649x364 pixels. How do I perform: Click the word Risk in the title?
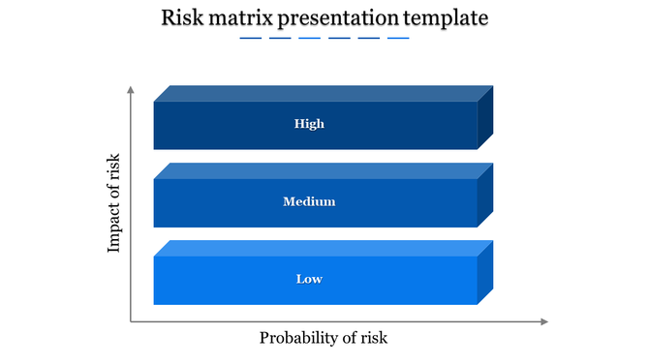[x=181, y=17]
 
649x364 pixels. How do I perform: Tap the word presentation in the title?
[x=336, y=17]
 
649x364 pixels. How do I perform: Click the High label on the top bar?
[x=309, y=124]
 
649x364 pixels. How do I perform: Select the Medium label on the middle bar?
[x=309, y=201]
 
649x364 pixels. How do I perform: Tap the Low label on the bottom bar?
[x=309, y=279]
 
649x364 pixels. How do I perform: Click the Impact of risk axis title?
[x=114, y=203]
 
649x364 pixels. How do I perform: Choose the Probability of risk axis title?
[x=323, y=338]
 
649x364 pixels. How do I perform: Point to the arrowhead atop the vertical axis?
[x=130, y=89]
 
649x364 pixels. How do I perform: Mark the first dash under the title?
[x=250, y=39]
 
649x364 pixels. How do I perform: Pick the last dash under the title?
[x=398, y=39]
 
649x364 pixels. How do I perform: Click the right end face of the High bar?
[x=485, y=117]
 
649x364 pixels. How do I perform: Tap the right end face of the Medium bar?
[x=485, y=195]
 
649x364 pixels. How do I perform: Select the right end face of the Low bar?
[x=485, y=272]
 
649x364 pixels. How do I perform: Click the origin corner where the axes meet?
[x=130, y=321]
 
